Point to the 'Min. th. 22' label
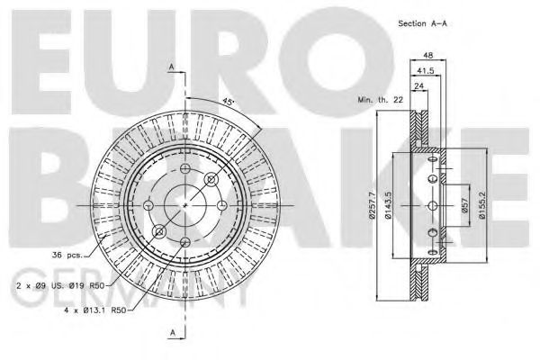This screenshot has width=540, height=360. point(379,100)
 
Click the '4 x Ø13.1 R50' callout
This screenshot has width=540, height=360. point(89,310)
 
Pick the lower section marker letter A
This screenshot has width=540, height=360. point(171,334)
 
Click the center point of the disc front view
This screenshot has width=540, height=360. point(185,204)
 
